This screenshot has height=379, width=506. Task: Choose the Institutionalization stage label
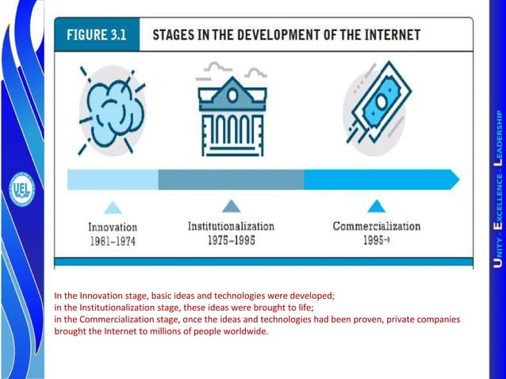pyautogui.click(x=231, y=227)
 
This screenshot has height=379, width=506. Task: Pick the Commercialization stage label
pyautogui.click(x=376, y=227)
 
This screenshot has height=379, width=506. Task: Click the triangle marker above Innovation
pyautogui.click(x=113, y=207)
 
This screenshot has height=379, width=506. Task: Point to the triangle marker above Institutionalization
pyautogui.click(x=231, y=206)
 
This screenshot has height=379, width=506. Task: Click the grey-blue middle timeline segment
pyautogui.click(x=231, y=179)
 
